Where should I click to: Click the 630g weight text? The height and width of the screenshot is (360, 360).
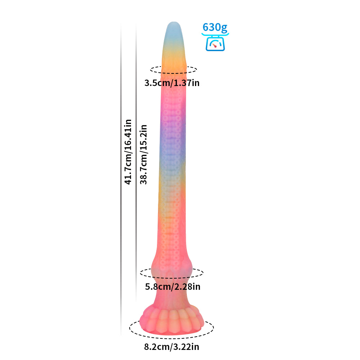coord(215,28)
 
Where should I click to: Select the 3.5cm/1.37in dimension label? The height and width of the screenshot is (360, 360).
coord(172,83)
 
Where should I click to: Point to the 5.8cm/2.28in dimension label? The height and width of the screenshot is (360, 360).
coord(173,287)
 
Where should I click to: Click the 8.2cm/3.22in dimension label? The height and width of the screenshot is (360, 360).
coord(171,347)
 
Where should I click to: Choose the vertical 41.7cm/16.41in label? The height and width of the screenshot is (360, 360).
coord(128,152)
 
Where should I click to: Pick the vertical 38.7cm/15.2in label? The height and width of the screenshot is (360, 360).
coord(143,154)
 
